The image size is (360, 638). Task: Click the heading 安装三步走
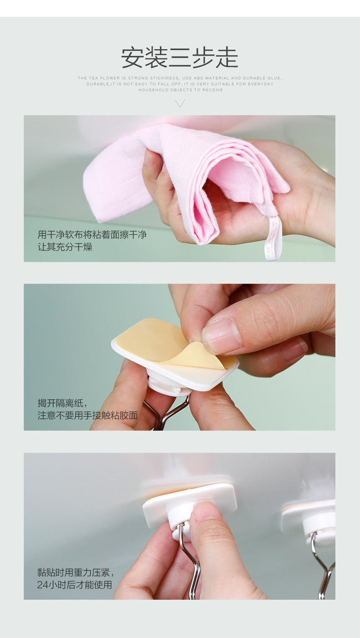click(180, 58)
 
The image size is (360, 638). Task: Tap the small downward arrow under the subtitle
click(180, 103)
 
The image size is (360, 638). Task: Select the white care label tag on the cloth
click(272, 238)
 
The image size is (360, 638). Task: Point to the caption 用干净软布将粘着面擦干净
click(92, 235)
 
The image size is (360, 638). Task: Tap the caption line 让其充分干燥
click(65, 247)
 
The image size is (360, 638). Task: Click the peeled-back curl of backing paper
click(197, 353)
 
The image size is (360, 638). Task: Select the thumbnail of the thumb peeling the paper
click(222, 336)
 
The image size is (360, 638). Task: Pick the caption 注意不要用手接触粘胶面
click(88, 415)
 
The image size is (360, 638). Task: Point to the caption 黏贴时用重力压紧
click(76, 572)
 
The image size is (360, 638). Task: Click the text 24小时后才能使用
click(74, 584)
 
